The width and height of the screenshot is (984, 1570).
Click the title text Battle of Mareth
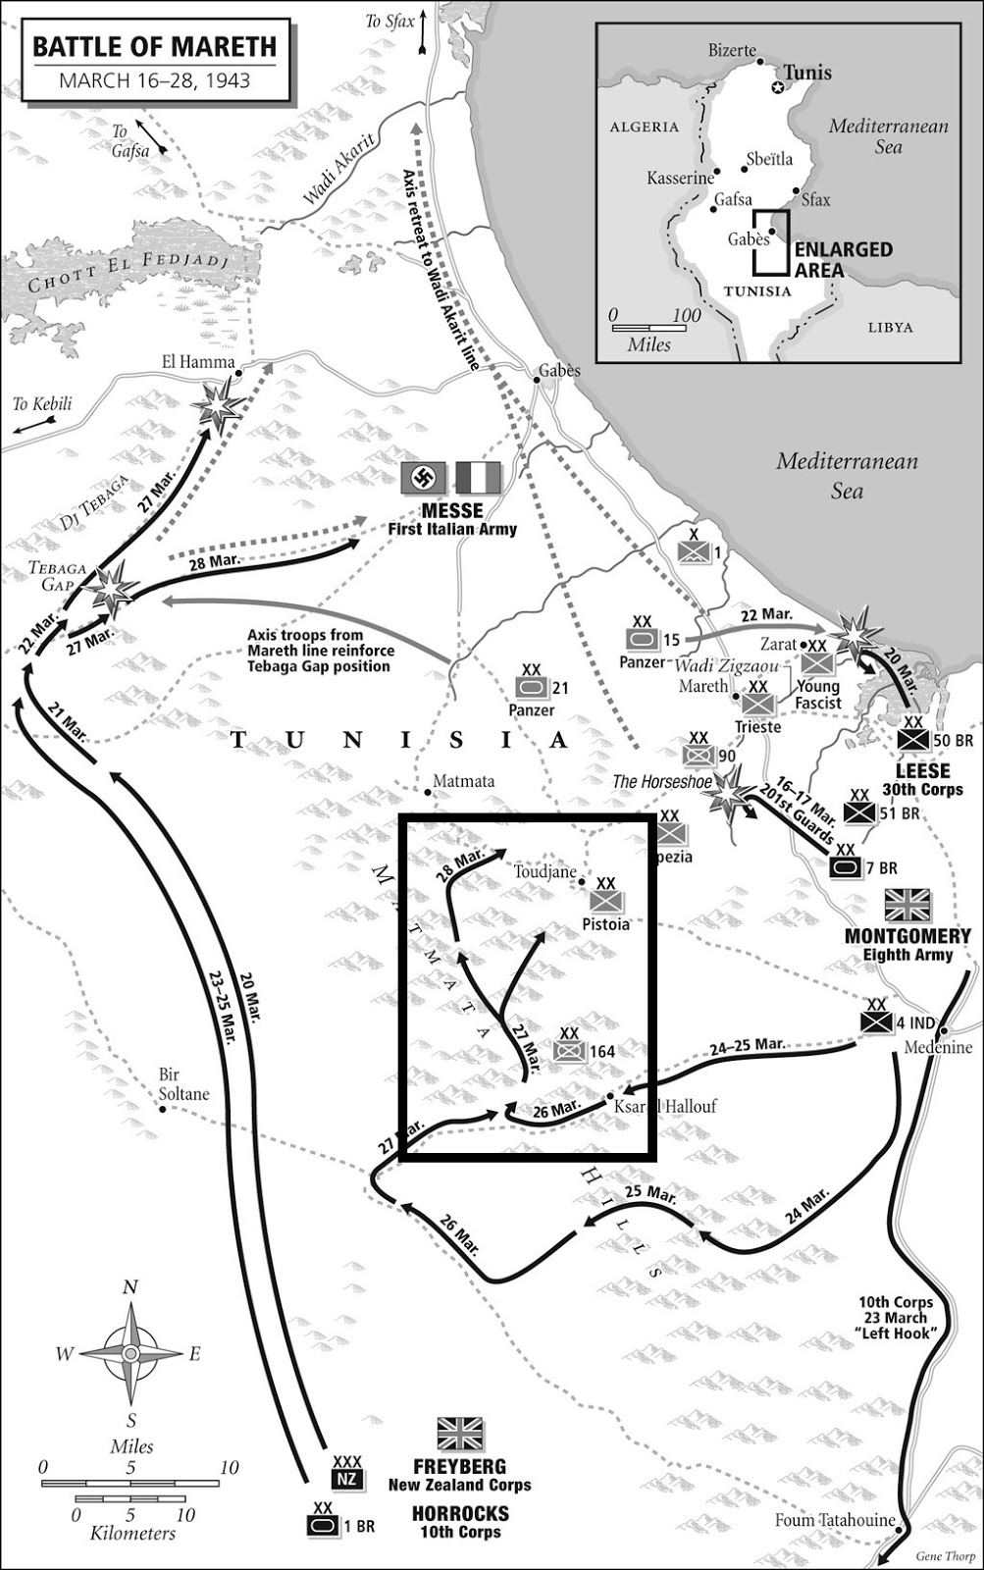[155, 47]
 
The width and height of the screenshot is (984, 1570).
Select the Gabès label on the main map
[559, 371]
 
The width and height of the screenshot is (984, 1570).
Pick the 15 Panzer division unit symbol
[643, 640]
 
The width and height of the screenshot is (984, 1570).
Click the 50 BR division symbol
[913, 741]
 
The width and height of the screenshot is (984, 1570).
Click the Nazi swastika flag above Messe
[424, 479]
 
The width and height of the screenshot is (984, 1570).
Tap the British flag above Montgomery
[907, 906]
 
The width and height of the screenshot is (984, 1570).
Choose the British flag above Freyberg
[460, 1434]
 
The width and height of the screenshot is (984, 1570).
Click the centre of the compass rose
[130, 1353]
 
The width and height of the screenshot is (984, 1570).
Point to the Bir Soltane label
[183, 1084]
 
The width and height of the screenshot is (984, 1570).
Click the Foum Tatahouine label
[835, 1521]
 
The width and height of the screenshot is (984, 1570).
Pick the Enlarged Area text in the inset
[844, 259]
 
